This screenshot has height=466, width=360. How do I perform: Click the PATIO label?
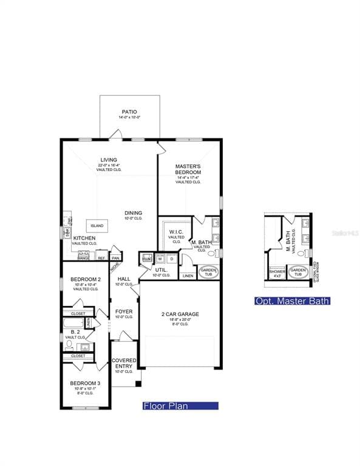click(129, 112)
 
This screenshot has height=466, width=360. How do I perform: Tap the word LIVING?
click(109, 160)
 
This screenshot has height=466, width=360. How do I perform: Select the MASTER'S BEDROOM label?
click(188, 169)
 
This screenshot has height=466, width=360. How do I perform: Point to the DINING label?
click(134, 213)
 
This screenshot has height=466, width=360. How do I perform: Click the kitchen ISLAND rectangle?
click(97, 226)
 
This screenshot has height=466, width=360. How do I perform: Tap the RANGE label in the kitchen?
click(83, 258)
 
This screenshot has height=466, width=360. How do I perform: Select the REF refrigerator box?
click(101, 258)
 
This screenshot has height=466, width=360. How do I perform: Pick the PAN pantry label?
click(115, 258)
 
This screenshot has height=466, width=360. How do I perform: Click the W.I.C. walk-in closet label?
click(176, 232)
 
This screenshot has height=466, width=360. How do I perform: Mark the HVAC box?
click(146, 258)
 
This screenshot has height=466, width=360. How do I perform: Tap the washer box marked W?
click(159, 258)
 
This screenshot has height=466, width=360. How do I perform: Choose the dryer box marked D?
click(171, 258)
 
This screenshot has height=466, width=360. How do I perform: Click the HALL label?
click(124, 279)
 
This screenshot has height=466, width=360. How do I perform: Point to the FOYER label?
click(124, 312)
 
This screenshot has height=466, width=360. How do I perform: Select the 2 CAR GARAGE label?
click(180, 314)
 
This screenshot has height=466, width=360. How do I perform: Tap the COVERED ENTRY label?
click(124, 363)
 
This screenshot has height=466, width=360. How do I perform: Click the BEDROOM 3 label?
click(84, 384)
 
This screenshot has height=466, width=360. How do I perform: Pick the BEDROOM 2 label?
click(84, 279)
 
